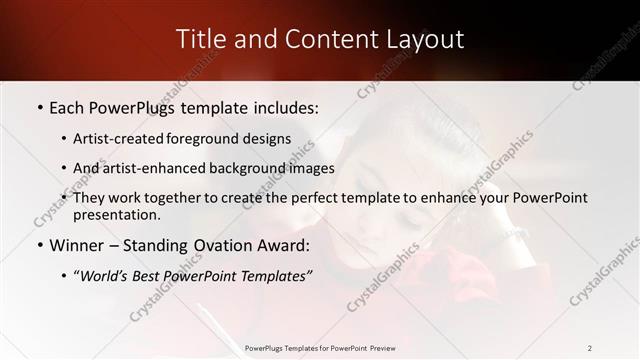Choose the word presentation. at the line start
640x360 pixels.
coord(116,214)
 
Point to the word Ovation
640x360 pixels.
coord(226,245)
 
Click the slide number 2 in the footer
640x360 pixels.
coord(589,348)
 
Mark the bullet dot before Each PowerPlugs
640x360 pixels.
coord(39,107)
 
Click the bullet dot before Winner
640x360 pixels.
coord(39,246)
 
